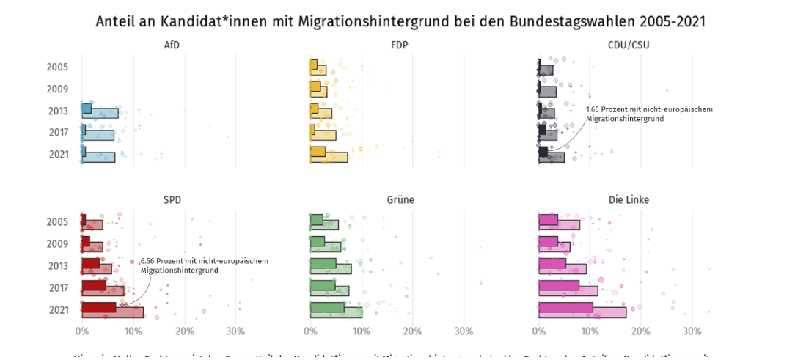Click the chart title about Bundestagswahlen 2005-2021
click(x=400, y=21)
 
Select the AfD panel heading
click(x=172, y=45)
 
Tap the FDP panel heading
click(x=400, y=45)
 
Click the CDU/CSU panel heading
click(x=629, y=45)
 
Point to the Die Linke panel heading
click(x=629, y=199)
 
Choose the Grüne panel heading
click(x=400, y=199)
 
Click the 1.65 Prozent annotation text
click(x=648, y=114)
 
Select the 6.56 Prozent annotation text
click(x=204, y=265)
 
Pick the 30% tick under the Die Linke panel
click(x=692, y=331)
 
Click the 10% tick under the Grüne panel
click(x=361, y=331)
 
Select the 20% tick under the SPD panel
click(x=185, y=331)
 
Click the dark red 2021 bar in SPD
click(x=98, y=307)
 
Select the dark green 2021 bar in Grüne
click(x=327, y=307)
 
